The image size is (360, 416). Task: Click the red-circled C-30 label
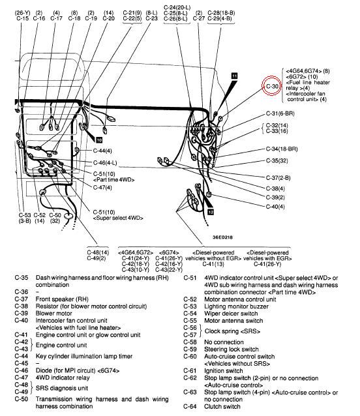(272, 86)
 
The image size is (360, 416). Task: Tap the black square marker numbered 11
(234, 76)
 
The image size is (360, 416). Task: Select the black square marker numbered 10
(98, 140)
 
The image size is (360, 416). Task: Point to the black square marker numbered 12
(211, 212)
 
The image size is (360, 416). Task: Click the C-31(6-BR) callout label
(280, 113)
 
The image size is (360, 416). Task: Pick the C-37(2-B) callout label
(278, 178)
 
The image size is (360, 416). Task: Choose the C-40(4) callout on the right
(275, 207)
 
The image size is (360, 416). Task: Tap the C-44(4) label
(102, 151)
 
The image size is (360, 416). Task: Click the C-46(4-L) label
(105, 162)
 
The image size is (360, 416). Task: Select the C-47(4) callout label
(102, 188)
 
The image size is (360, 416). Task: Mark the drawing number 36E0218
(222, 237)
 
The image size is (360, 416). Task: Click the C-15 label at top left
(22, 18)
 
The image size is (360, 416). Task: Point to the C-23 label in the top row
(151, 18)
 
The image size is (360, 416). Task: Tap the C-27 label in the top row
(199, 18)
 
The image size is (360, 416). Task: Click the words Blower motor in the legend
(53, 314)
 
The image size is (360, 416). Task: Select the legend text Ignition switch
(224, 370)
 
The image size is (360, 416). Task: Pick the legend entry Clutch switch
(222, 406)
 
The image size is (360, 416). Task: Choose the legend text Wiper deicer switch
(231, 314)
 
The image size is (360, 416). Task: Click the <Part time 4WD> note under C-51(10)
(114, 180)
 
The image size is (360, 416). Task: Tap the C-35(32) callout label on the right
(277, 161)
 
